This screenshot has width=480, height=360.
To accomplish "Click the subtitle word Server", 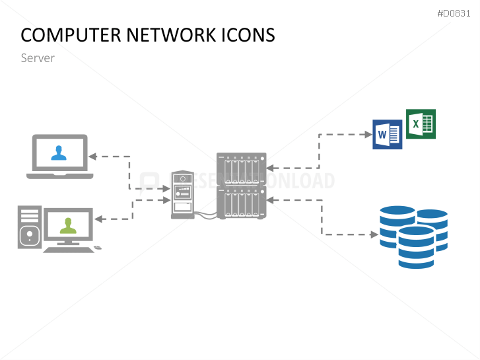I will [x=38, y=58].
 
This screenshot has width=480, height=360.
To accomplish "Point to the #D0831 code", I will [x=455, y=13].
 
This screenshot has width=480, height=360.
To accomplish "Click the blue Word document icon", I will [x=387, y=135].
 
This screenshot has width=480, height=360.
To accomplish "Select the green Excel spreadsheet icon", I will [x=421, y=124].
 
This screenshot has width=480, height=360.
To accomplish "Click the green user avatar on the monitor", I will [x=67, y=225].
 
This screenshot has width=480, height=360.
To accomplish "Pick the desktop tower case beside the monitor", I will [x=29, y=227].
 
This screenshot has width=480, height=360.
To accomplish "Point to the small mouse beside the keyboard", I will [x=98, y=248].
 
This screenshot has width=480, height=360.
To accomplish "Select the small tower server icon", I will [x=183, y=195].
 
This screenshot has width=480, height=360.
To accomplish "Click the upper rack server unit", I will [x=241, y=168].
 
